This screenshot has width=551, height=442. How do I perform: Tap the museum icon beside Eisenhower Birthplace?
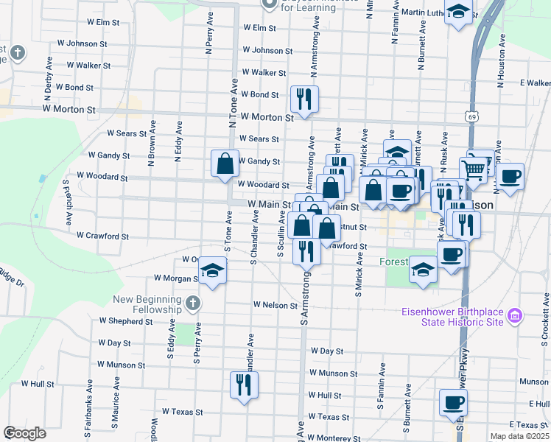pyautogui.click(x=515, y=316)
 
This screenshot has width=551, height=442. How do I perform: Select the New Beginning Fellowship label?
pyautogui.click(x=147, y=304)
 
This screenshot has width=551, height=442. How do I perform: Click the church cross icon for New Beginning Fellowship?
pyautogui.click(x=192, y=303)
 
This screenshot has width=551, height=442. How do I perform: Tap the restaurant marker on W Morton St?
pyautogui.click(x=303, y=98)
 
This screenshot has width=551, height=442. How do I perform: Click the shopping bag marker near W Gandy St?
pyautogui.click(x=225, y=163)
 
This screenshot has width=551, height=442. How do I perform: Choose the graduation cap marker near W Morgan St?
pyautogui.click(x=212, y=271)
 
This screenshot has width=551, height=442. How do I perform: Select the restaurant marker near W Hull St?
pyautogui.click(x=244, y=384)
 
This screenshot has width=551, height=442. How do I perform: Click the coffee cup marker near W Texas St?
pyautogui.click(x=453, y=402)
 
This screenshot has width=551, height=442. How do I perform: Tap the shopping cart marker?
pyautogui.click(x=474, y=170)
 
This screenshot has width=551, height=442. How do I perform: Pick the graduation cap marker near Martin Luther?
pyautogui.click(x=458, y=13)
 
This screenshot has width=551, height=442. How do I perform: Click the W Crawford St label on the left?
pyautogui.click(x=102, y=236)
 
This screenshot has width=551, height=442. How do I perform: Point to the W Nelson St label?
pyautogui.click(x=275, y=304)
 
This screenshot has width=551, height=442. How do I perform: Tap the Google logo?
pyautogui.click(x=24, y=433)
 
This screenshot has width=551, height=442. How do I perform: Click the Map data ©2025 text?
pyautogui.click(x=519, y=436)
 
